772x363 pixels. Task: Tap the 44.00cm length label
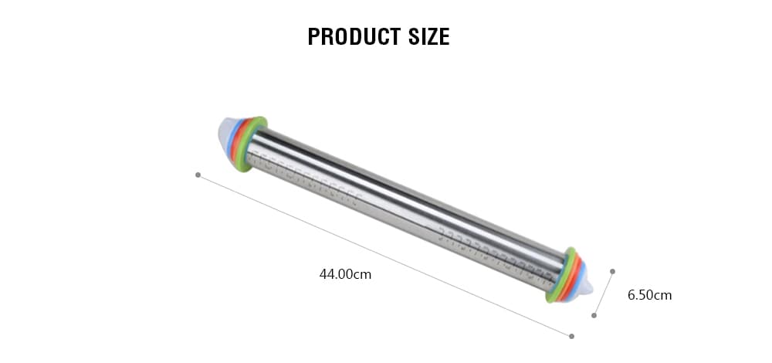coord(345,273)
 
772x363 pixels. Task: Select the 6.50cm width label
coord(649,295)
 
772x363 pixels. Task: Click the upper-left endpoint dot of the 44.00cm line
coord(198,175)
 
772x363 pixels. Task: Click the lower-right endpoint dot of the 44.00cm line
coord(571,336)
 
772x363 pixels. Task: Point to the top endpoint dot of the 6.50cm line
coord(612,271)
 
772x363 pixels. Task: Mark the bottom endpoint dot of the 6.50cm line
coord(594,315)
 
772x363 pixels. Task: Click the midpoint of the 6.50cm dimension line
coord(604,293)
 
